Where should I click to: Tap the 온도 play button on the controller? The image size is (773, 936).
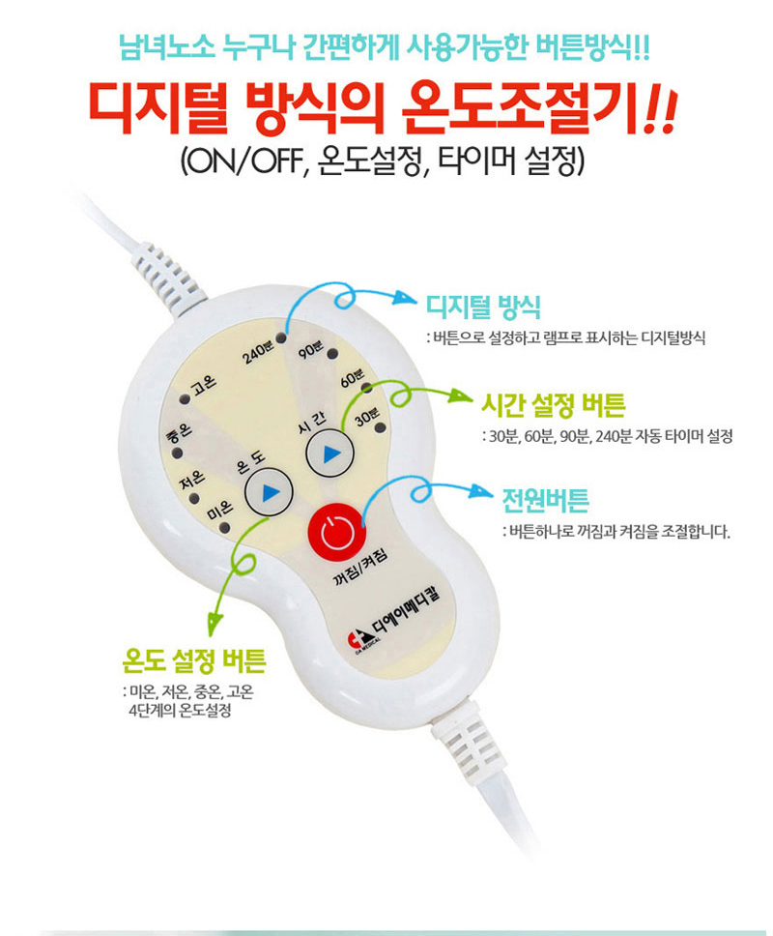pyautogui.click(x=269, y=492)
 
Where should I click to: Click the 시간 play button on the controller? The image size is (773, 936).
pyautogui.click(x=329, y=453)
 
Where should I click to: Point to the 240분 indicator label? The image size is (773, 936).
pyautogui.click(x=258, y=353)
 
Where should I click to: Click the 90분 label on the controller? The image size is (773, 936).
pyautogui.click(x=311, y=349)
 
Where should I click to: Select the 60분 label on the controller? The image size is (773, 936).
pyautogui.click(x=352, y=378)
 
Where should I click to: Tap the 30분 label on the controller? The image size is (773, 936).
pyautogui.click(x=366, y=416)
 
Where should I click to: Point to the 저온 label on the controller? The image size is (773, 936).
pyautogui.click(x=192, y=479)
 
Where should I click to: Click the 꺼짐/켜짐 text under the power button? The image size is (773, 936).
pyautogui.click(x=360, y=567)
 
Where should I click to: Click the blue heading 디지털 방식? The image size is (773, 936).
pyautogui.click(x=483, y=307)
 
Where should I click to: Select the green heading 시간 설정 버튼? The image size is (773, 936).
pyautogui.click(x=553, y=406)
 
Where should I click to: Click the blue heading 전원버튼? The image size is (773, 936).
pyautogui.click(x=545, y=501)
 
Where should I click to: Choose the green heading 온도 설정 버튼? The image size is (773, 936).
pyautogui.click(x=194, y=660)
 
